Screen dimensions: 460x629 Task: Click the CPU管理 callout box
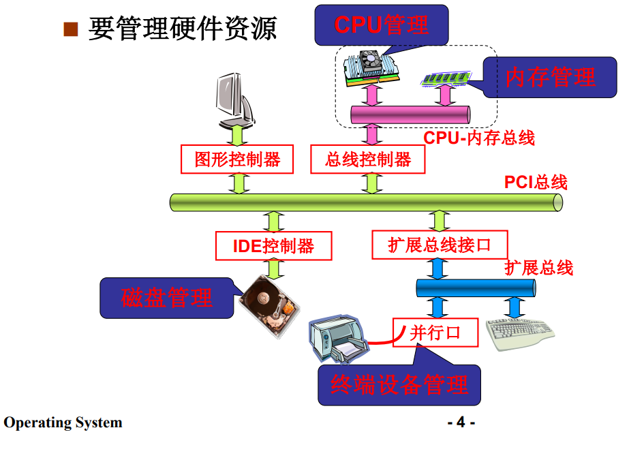click(x=382, y=25)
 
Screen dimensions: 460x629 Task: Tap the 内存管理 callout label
click(x=550, y=77)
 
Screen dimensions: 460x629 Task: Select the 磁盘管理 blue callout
click(x=168, y=298)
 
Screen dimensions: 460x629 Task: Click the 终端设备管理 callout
click(x=399, y=385)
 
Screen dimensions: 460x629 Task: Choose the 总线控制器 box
click(x=368, y=159)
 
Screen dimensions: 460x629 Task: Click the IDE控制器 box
click(x=274, y=246)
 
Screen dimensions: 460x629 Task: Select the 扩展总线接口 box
click(x=440, y=245)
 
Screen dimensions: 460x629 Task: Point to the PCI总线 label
click(x=536, y=182)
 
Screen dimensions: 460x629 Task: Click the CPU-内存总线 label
click(x=479, y=138)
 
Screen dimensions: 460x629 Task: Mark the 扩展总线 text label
click(x=538, y=267)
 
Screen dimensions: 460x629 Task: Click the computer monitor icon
click(x=234, y=100)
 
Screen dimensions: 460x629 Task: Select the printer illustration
click(x=337, y=339)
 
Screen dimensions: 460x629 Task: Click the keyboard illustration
click(x=520, y=333)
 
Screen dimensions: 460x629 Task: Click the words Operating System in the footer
click(x=63, y=423)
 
